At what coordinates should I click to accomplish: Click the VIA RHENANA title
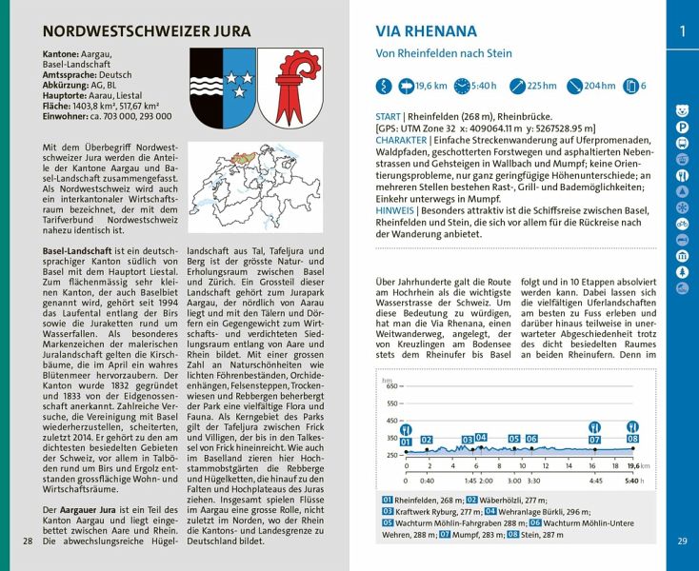tap(427, 31)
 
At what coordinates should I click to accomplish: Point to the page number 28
tap(28, 541)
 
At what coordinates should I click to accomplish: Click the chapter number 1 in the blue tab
tap(682, 31)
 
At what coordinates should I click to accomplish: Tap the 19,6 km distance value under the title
tap(431, 86)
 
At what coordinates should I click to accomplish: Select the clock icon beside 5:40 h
tap(462, 86)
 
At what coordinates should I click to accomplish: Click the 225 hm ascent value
tap(541, 86)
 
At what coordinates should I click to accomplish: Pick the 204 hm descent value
tap(599, 86)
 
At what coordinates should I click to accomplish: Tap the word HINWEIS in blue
tap(396, 209)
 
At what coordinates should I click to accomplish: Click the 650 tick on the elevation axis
tap(392, 386)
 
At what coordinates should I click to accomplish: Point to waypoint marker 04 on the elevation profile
tap(482, 437)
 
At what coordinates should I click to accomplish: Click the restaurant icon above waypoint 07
tap(594, 427)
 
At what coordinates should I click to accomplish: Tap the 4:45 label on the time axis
tap(595, 482)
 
